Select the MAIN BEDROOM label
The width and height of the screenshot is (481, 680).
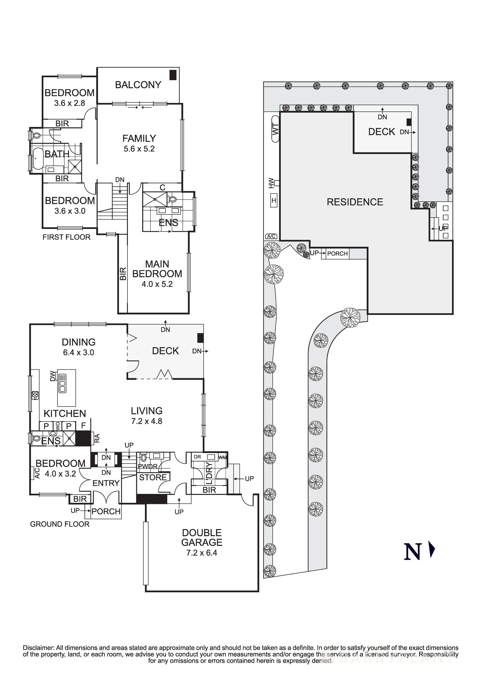[x=157, y=269]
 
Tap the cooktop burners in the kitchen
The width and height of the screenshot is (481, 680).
[x=35, y=395]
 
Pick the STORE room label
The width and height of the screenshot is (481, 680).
[x=153, y=477]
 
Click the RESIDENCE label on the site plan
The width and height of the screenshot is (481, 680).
[x=355, y=202]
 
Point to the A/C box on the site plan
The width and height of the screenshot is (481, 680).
[x=271, y=236]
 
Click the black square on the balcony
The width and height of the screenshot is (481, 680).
[x=173, y=75]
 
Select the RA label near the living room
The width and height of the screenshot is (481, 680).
[x=97, y=438]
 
